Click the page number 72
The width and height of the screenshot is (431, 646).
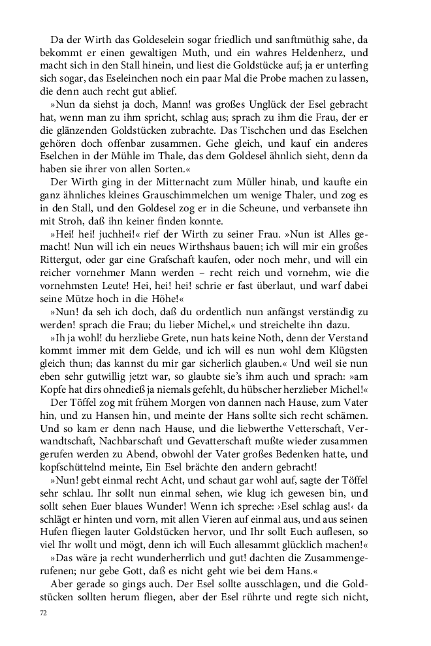coord(44,614)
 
